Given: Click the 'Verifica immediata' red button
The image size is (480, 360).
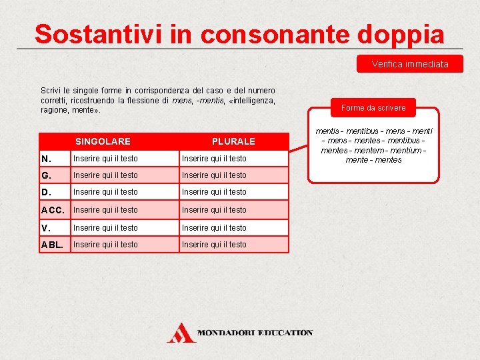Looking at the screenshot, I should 409,64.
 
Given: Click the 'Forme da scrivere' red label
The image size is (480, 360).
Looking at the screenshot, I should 373,107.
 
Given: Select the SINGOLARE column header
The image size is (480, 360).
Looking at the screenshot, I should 103,141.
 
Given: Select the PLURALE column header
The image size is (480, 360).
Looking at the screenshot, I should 233,141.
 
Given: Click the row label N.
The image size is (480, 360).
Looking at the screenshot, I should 46,159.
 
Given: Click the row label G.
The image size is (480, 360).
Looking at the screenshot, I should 47,175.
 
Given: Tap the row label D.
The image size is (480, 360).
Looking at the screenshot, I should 46,192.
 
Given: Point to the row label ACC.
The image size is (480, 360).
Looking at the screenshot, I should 52,210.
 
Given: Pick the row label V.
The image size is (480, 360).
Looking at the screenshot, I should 46,228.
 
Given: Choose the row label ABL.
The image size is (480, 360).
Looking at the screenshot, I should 52,245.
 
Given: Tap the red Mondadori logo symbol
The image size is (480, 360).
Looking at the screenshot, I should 181,332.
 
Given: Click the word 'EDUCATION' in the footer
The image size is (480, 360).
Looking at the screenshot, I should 285,332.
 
